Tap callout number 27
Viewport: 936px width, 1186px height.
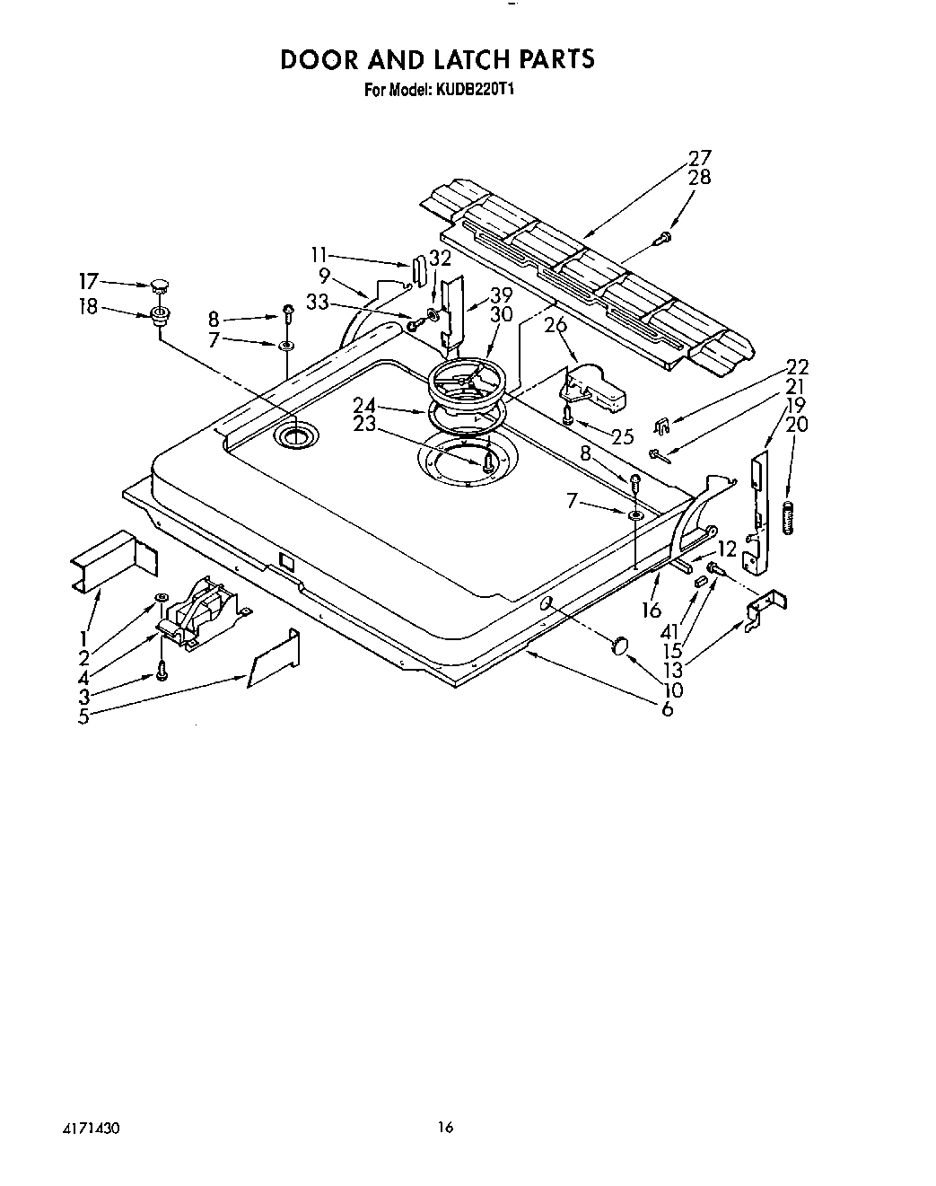point(699,159)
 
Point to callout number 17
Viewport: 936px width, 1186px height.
point(89,281)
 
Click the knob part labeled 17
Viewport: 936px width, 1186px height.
point(160,286)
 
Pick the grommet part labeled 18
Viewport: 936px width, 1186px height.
point(162,315)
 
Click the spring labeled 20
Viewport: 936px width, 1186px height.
point(790,518)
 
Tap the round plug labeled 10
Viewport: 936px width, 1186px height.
point(619,646)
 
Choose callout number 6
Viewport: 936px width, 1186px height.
point(668,709)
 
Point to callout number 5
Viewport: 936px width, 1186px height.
point(83,716)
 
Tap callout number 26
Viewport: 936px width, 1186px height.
point(555,325)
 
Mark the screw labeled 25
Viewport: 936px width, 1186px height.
point(568,415)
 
